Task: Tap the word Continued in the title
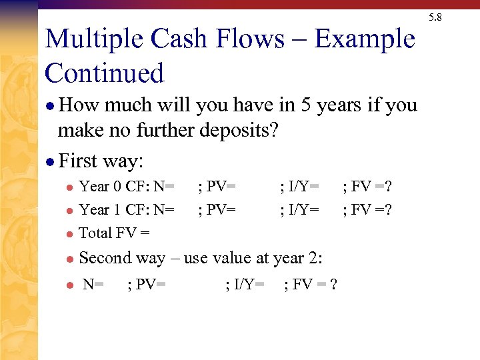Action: [x=105, y=73]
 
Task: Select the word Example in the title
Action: [x=365, y=40]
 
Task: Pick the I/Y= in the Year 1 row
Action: [x=299, y=210]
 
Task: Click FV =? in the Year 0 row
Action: [x=367, y=186]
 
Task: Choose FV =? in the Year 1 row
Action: [x=367, y=210]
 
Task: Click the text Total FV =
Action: [x=114, y=233]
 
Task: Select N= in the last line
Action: [x=93, y=285]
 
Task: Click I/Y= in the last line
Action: [x=245, y=285]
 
